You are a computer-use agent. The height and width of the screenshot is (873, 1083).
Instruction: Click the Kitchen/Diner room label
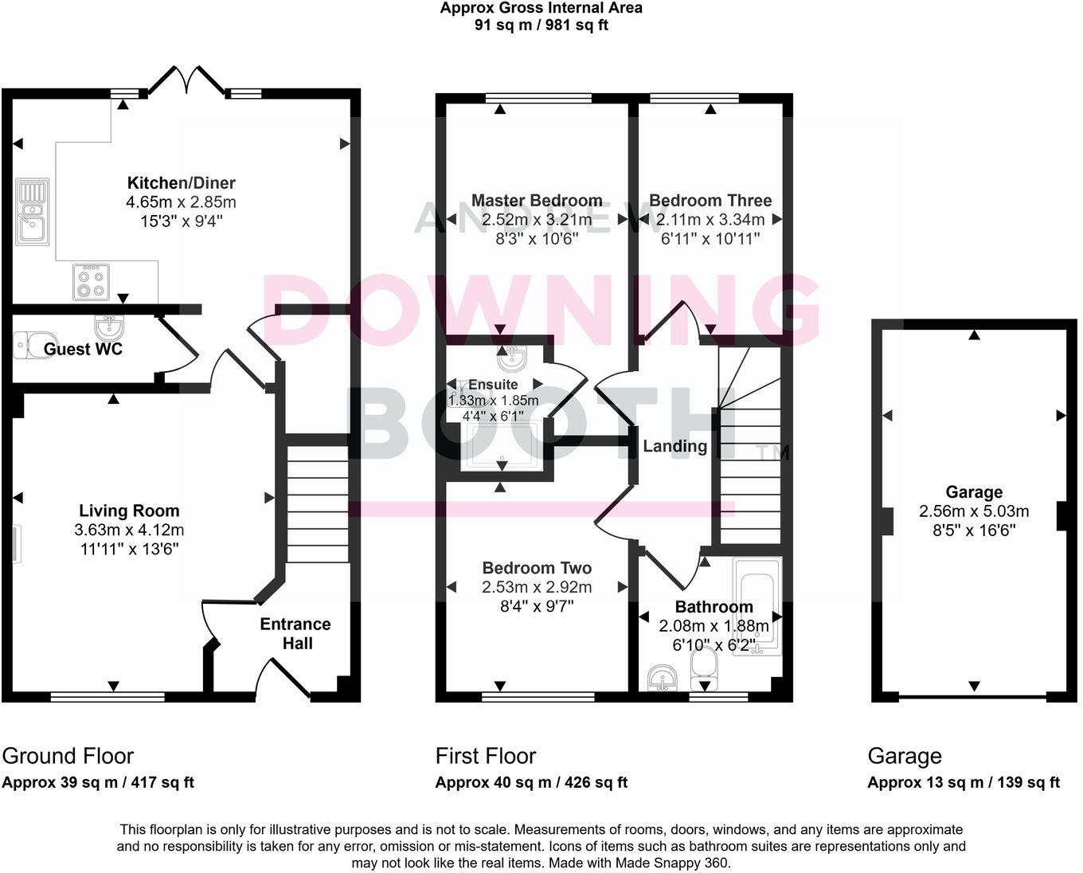click(x=182, y=183)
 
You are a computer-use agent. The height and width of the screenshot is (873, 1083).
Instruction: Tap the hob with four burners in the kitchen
click(x=91, y=283)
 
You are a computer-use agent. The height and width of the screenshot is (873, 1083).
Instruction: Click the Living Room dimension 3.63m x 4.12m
click(x=129, y=530)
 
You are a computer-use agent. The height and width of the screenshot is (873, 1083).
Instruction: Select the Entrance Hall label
click(x=295, y=633)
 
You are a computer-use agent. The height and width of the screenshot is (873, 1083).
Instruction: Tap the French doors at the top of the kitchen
click(x=187, y=80)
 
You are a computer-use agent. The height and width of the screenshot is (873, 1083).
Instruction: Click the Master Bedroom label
click(x=537, y=201)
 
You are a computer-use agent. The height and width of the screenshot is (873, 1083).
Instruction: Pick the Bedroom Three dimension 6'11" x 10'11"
click(x=710, y=238)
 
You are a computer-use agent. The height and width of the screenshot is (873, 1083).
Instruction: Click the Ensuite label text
click(x=493, y=385)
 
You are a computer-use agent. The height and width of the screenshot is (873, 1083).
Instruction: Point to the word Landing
click(x=674, y=446)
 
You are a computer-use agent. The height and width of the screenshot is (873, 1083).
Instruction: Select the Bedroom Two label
click(x=537, y=568)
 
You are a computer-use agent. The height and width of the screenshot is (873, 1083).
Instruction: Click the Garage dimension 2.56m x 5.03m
click(x=974, y=511)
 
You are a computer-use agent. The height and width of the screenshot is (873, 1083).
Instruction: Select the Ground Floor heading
click(x=68, y=756)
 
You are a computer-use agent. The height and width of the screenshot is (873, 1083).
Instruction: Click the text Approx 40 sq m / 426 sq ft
click(x=531, y=782)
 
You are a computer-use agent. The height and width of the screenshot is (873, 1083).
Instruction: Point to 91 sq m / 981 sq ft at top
click(x=541, y=25)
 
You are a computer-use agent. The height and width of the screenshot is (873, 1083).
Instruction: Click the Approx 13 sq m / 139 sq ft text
click(x=964, y=782)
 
